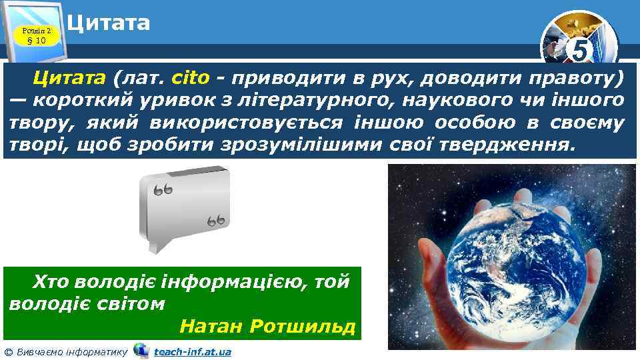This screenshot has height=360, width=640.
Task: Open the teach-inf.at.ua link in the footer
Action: point(192,351)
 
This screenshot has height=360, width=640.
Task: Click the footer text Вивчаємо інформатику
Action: point(71,351)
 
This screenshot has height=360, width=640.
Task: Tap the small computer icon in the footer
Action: point(141,350)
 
